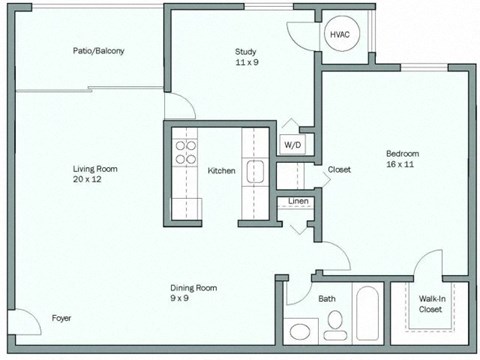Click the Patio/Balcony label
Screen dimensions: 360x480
pos(98,51)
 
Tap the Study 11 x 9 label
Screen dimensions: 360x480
pos(247,56)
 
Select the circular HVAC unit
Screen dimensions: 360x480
pos(339,35)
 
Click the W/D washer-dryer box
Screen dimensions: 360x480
pos(292,145)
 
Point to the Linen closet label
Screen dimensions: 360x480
pos(298,202)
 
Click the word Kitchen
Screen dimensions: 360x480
pos(221,171)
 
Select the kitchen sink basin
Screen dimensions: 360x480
pos(255,171)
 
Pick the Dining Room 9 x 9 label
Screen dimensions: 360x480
pos(193,292)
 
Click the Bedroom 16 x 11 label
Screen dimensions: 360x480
pos(402,158)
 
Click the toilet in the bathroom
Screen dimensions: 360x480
pos(335,322)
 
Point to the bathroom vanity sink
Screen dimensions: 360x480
pos(299,330)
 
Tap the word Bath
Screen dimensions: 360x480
pos(327,298)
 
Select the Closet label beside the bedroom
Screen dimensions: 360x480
pos(339,170)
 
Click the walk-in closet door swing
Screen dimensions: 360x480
pos(429,264)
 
